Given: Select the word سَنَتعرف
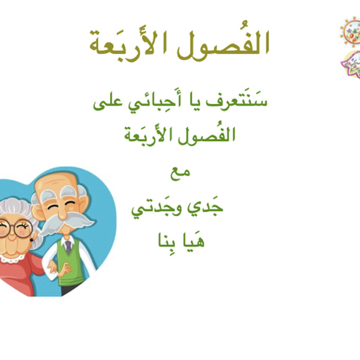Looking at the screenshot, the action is tap(237, 101).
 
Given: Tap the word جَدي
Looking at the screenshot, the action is tap(205, 208).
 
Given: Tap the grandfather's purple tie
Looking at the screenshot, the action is tap(68, 247).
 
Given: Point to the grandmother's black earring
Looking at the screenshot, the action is tap(31, 240).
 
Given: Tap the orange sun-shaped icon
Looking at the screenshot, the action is tap(351, 32).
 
